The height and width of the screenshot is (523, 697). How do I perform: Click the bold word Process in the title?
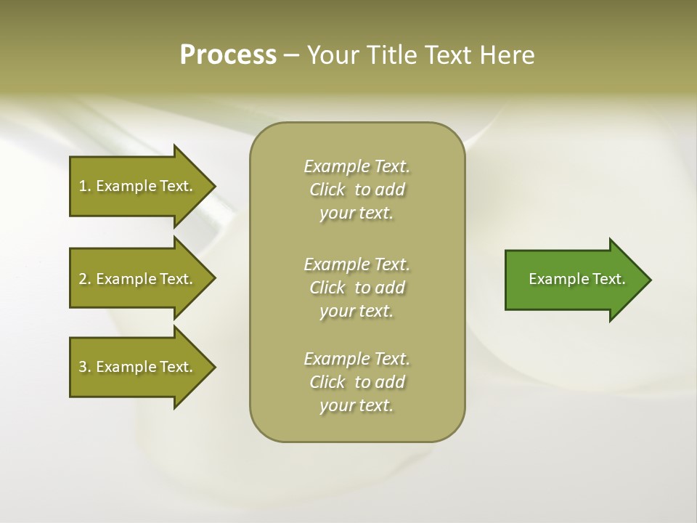click(x=228, y=54)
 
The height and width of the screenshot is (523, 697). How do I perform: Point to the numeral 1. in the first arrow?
click(x=85, y=186)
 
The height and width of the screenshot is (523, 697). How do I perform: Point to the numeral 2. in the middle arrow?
click(x=85, y=279)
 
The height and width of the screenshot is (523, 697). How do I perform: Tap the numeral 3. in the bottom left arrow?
click(x=85, y=367)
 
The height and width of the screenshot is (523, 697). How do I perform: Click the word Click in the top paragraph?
click(x=327, y=190)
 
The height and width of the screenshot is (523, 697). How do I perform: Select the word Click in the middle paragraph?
click(x=327, y=288)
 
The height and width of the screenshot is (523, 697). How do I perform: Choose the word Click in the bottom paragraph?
click(x=327, y=382)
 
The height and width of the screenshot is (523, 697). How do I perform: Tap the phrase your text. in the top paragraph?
click(x=356, y=214)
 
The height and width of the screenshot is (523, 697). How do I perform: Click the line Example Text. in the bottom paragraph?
click(x=356, y=359)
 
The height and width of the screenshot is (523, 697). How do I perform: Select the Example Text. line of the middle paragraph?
click(x=356, y=264)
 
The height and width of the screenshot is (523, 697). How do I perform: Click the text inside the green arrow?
click(x=576, y=279)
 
